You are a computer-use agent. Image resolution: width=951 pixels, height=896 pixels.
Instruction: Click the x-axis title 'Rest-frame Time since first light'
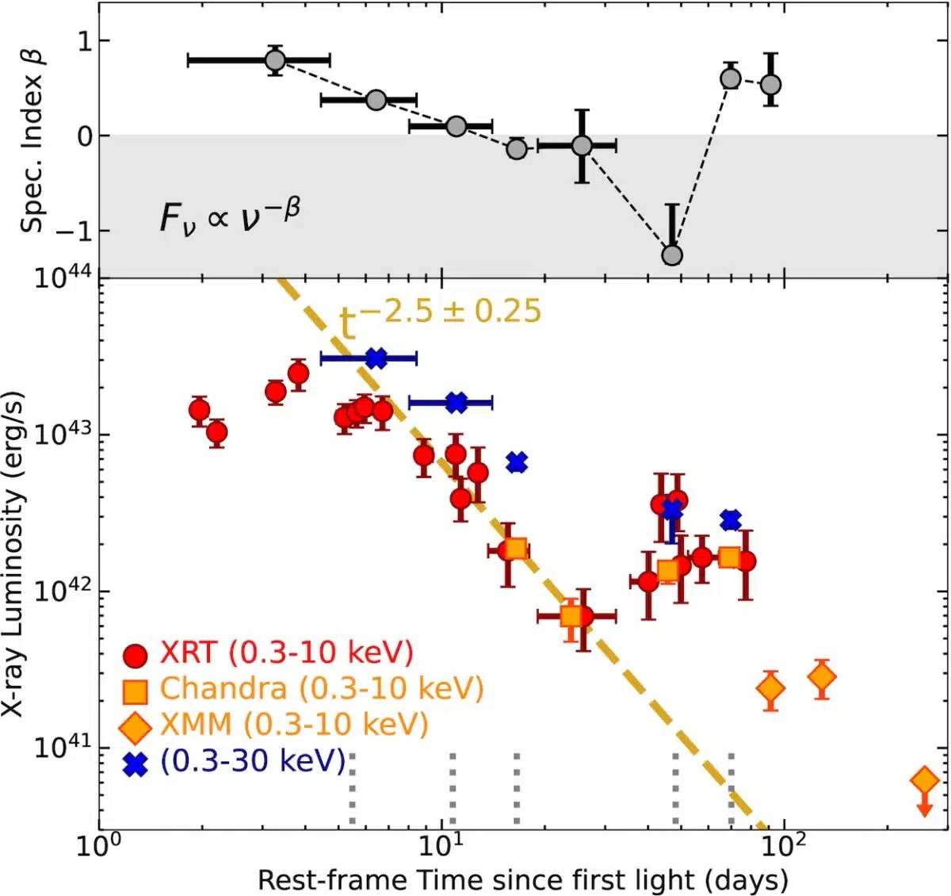coord(523,880)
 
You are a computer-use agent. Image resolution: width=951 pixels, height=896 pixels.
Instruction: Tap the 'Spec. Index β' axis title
coord(32,140)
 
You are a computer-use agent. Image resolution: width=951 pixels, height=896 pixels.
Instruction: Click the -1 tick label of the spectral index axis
coord(74,231)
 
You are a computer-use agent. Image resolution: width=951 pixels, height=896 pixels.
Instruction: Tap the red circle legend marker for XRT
coord(136,655)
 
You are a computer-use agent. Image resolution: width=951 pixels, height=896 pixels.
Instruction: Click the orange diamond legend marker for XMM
coord(136,726)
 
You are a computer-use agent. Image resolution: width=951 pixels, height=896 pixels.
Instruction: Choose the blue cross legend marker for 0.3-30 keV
coord(136,764)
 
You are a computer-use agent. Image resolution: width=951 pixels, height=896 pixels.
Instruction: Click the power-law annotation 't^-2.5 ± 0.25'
coord(440,313)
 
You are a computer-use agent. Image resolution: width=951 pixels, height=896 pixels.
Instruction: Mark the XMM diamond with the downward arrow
coord(924,781)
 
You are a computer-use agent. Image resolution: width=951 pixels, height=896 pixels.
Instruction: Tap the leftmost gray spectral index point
coord(275,60)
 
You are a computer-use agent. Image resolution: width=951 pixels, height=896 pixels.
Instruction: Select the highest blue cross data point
coord(376,358)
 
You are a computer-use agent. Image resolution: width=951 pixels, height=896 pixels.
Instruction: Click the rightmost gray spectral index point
coord(770,84)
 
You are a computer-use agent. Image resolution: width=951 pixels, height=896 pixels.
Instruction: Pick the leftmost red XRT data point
coord(199,410)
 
